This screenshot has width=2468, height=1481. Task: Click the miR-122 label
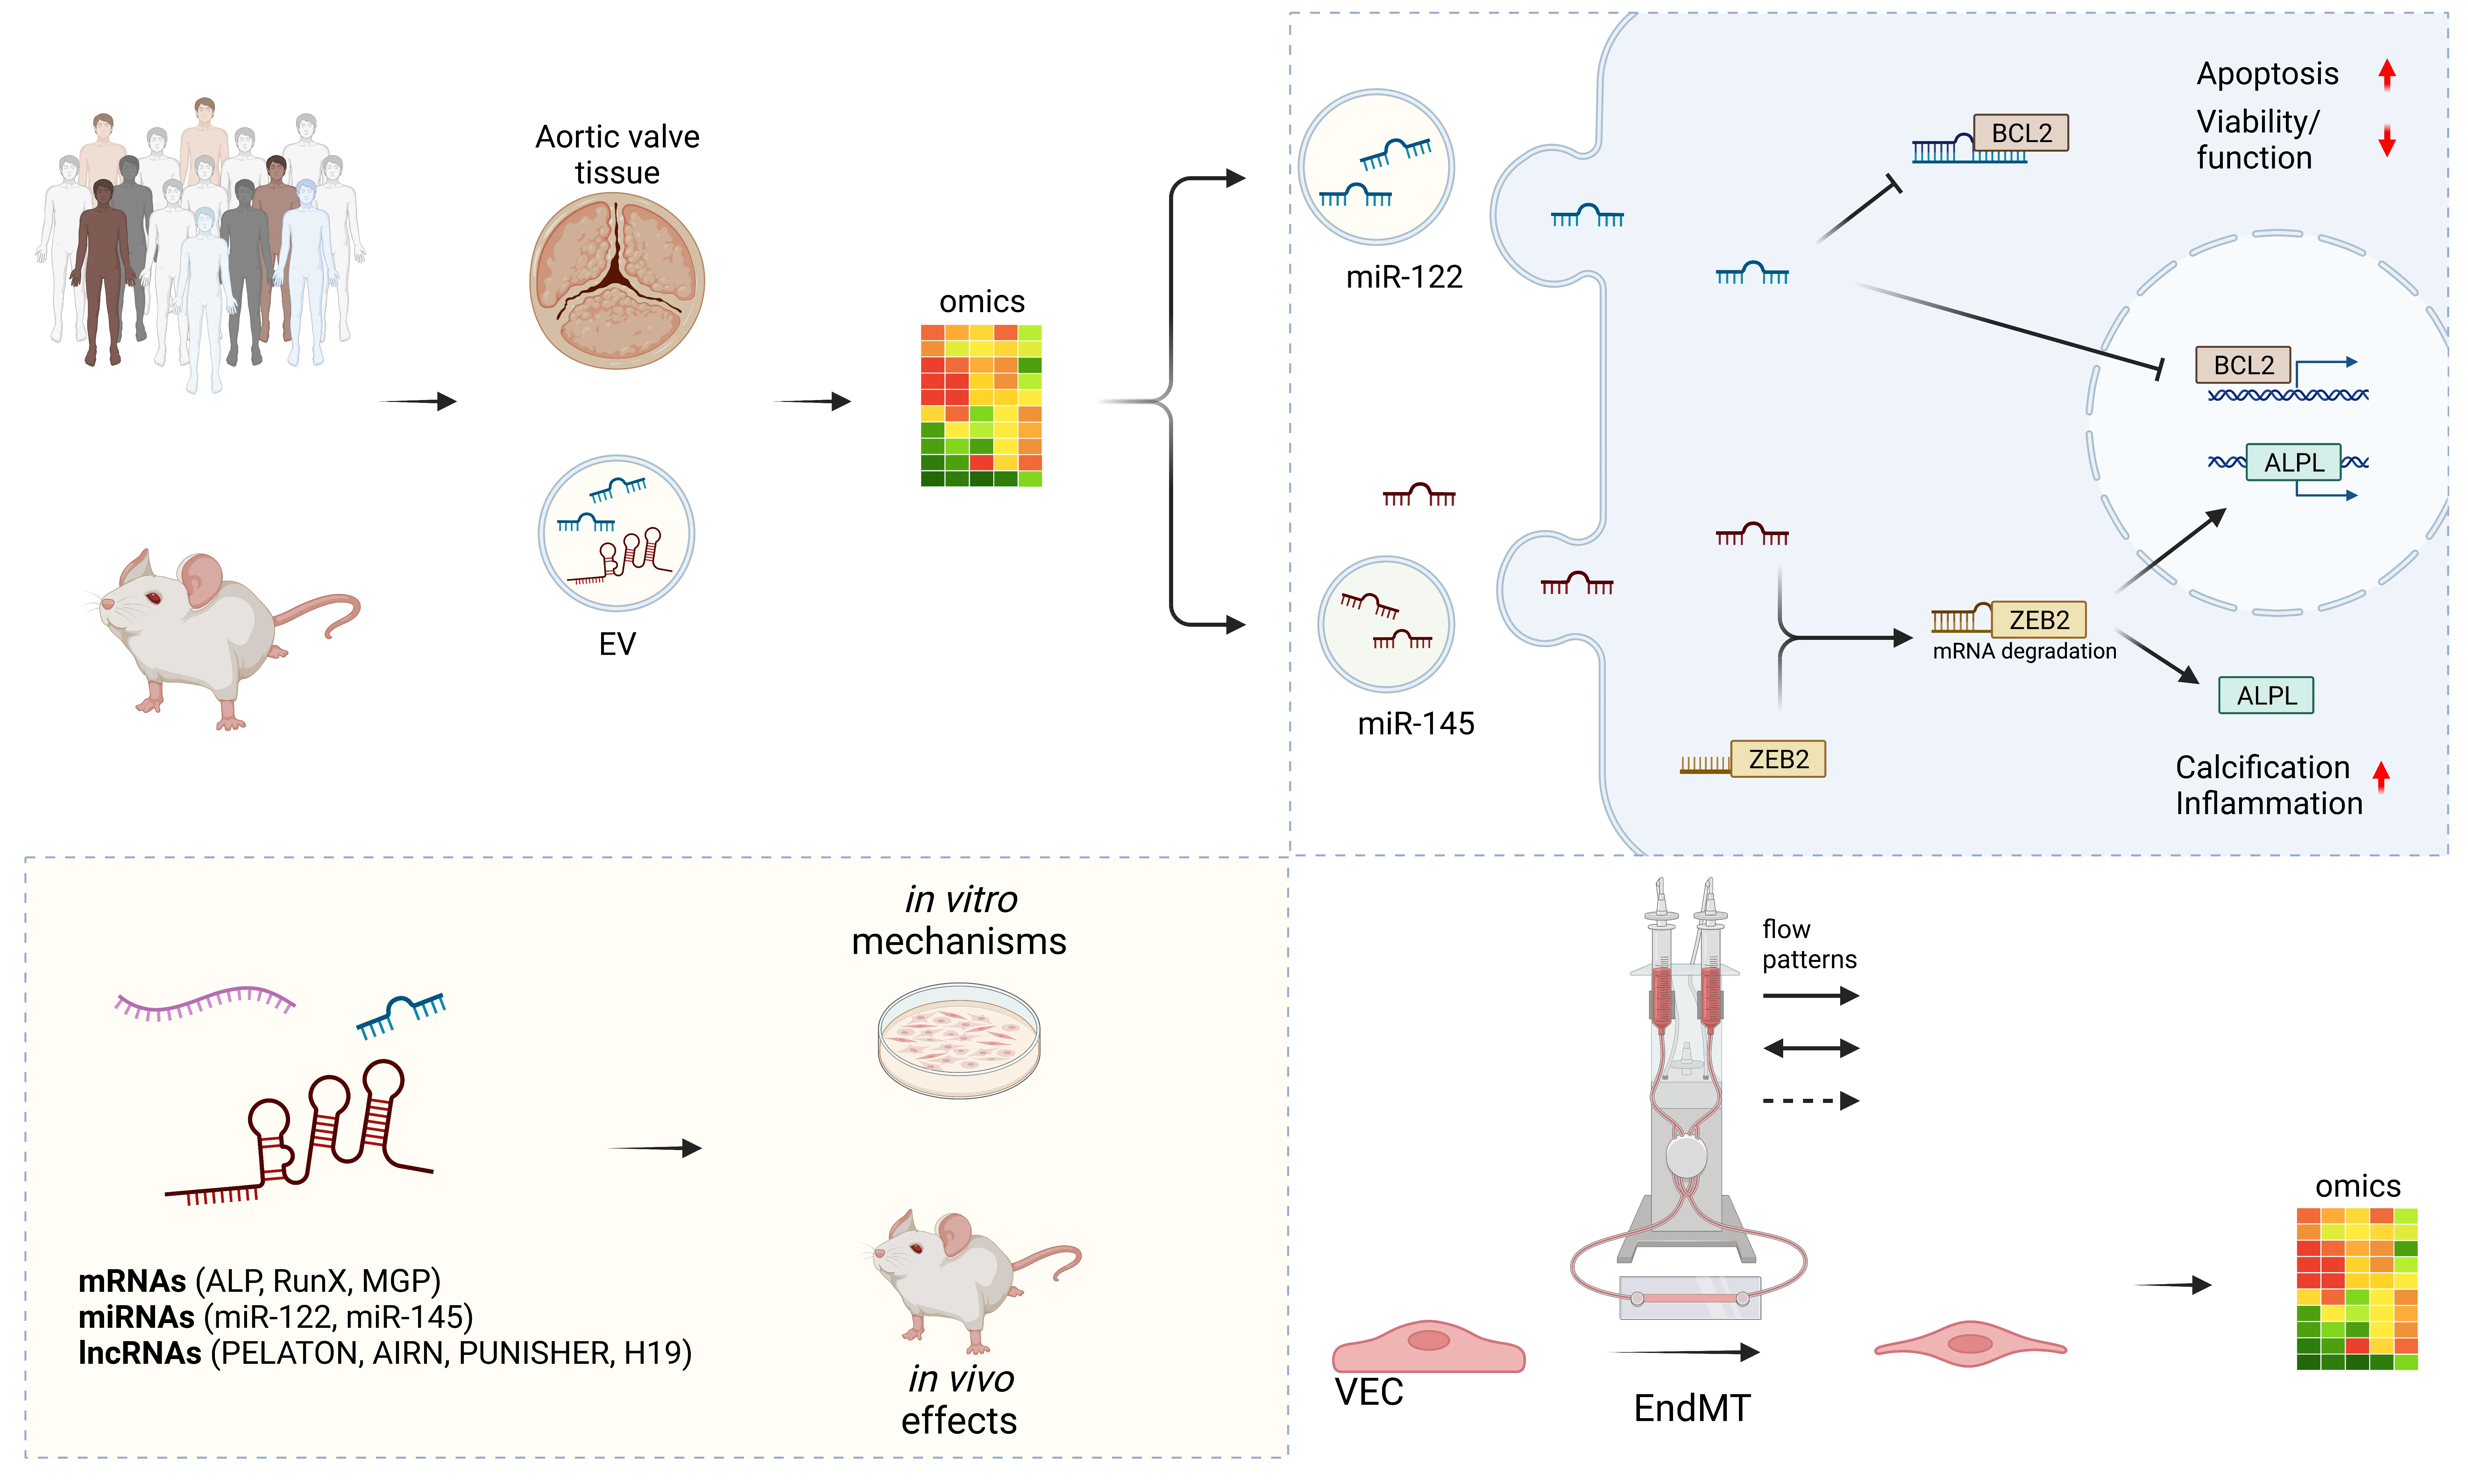(x=1404, y=276)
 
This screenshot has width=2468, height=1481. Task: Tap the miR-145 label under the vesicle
(x=1415, y=724)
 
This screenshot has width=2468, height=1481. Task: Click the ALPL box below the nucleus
(x=2266, y=696)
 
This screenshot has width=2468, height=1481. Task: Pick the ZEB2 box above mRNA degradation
(x=2038, y=620)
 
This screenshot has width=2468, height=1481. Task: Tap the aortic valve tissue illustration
(x=616, y=282)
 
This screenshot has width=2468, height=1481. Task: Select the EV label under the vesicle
(x=616, y=644)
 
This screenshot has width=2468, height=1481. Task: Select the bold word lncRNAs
(x=140, y=1353)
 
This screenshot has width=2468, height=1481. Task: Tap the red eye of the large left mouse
(x=154, y=598)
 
